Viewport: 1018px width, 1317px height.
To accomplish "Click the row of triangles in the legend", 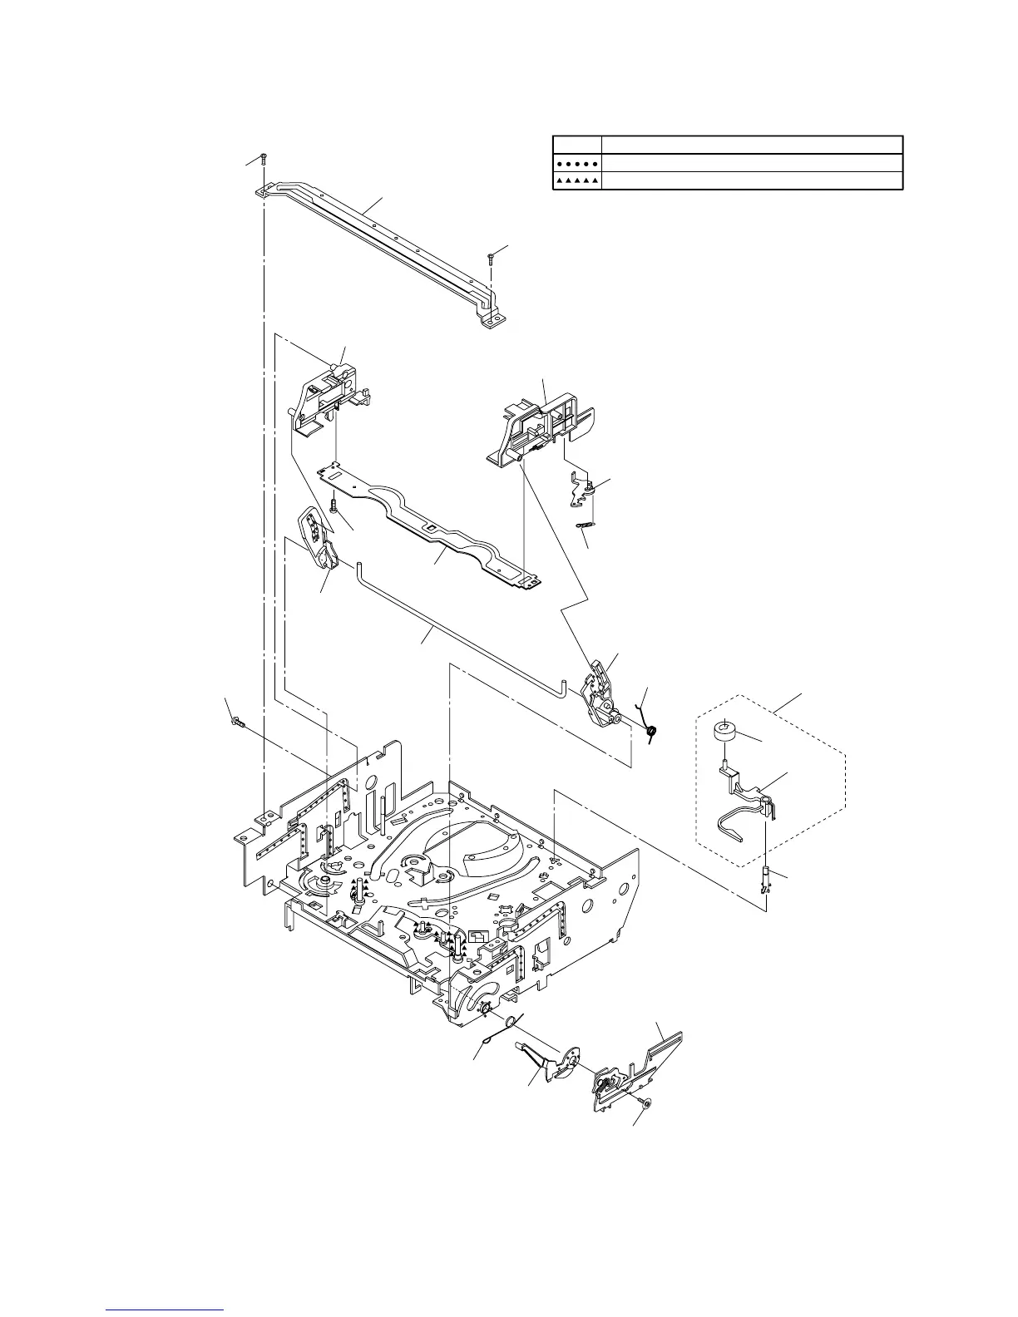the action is pos(576,180).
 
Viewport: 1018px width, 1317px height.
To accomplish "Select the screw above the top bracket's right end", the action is pos(492,256).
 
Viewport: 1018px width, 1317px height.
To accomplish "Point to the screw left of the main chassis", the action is pos(237,722).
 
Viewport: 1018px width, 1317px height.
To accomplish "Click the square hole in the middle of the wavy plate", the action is pos(429,528).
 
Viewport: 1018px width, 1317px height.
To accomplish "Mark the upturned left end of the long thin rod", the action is pos(359,566).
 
